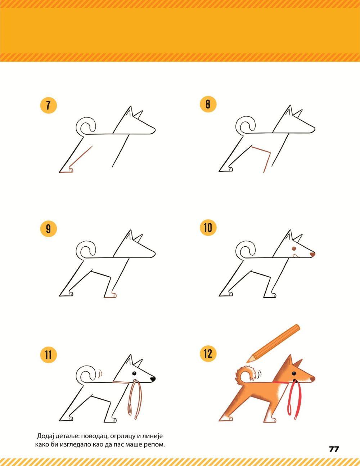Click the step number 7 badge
(x=48, y=105)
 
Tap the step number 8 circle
(x=208, y=104)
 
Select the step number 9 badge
(x=48, y=228)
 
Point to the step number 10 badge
(x=208, y=228)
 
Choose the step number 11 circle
(x=48, y=355)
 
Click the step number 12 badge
(x=208, y=354)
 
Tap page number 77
(x=334, y=449)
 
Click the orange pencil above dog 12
(x=274, y=343)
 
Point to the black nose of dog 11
(x=153, y=379)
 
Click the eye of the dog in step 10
(x=294, y=249)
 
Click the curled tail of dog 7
(x=86, y=126)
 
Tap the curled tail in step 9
(x=86, y=250)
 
